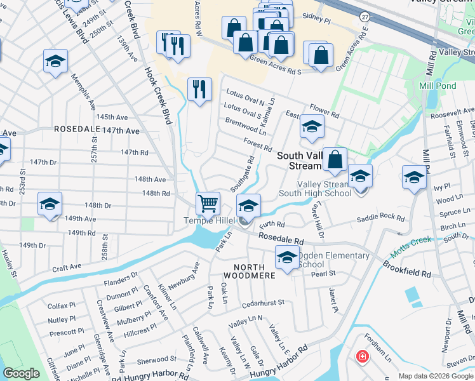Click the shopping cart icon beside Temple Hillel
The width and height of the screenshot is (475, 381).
208,204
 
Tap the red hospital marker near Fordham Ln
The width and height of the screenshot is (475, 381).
362,357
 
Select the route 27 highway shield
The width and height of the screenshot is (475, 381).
364,15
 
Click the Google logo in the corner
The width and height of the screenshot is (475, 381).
22,373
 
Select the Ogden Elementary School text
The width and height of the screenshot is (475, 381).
333,260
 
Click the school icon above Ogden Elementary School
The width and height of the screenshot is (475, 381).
287,258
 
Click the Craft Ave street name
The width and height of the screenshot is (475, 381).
67,267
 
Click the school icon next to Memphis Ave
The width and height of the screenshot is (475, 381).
55,62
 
